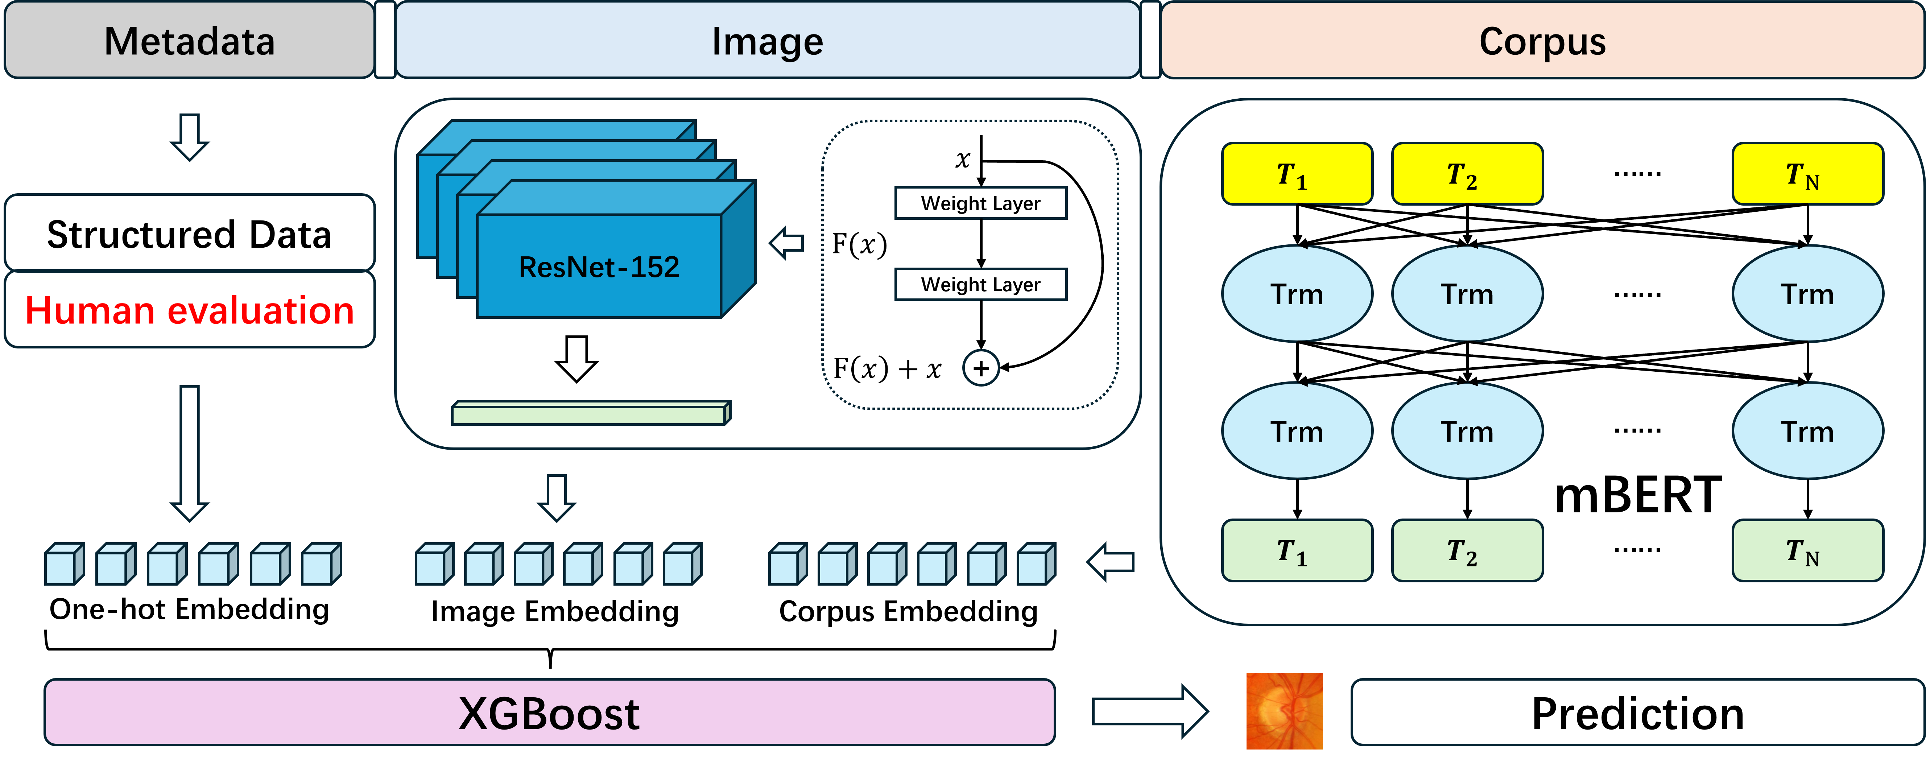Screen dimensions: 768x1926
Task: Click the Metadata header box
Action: coord(189,40)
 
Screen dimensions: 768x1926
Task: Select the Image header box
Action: coord(767,40)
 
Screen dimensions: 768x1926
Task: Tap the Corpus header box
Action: coord(1542,40)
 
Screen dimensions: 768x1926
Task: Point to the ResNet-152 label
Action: coord(599,267)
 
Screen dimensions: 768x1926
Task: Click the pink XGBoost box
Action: coord(550,713)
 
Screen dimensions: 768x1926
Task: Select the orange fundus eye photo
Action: coord(1284,711)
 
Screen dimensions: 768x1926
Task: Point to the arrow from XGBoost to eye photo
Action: coord(1149,711)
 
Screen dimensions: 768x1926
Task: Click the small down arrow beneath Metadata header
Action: coord(189,137)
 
